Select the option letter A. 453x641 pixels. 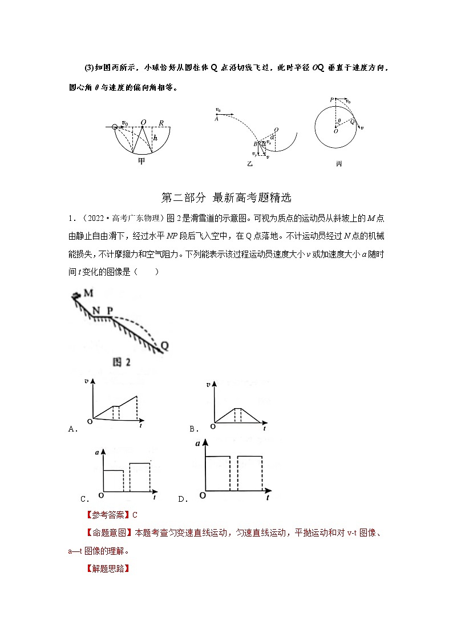point(72,429)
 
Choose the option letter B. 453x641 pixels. point(193,429)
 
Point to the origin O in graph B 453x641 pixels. point(213,426)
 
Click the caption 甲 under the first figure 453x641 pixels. point(141,161)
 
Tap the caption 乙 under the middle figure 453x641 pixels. point(250,163)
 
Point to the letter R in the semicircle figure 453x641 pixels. point(161,123)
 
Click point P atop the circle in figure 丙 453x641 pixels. point(331,100)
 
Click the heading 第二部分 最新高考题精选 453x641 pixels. point(226,198)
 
